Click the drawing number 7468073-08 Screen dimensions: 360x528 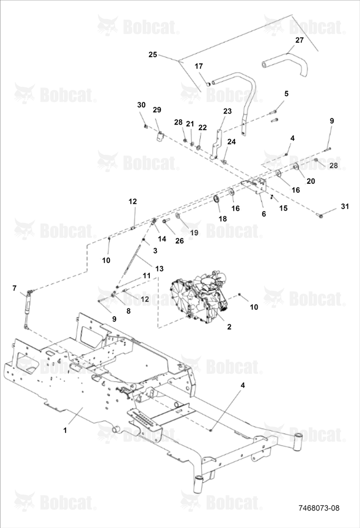tap(319, 508)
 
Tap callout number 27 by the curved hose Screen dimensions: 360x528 tap(299, 40)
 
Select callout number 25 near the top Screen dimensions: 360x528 tap(153, 54)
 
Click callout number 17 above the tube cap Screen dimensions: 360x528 tap(198, 66)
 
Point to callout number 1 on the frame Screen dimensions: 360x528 tap(65, 430)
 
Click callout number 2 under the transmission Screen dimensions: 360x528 tap(229, 327)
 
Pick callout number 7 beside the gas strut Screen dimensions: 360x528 tap(14, 288)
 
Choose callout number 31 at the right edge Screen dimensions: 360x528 tap(345, 206)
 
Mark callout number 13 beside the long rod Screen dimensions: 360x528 tap(159, 268)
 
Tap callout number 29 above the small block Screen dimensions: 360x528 tap(157, 110)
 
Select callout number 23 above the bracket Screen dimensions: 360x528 tap(228, 111)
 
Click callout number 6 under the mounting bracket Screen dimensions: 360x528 tap(264, 214)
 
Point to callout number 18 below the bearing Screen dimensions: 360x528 tap(223, 219)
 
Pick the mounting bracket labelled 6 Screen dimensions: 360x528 tap(255, 186)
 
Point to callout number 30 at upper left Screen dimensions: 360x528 tap(141, 105)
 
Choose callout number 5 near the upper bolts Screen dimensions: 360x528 tap(286, 93)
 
